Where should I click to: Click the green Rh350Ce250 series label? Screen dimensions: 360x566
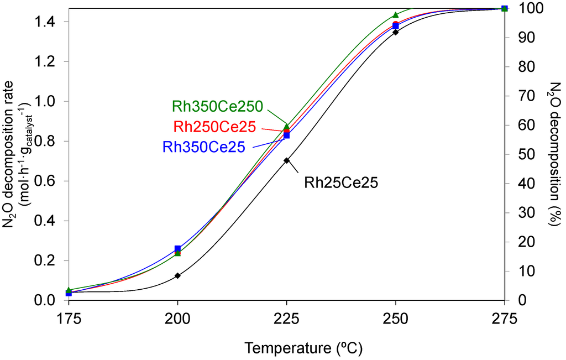217,106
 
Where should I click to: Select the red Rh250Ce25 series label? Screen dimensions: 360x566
214,127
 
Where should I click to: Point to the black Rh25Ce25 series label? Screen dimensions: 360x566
341,182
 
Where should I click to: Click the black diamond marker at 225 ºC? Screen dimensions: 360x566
286,161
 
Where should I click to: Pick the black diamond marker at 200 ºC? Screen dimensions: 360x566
177,275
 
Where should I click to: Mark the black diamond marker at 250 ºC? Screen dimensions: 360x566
395,32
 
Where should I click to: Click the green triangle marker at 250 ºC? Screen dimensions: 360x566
395,15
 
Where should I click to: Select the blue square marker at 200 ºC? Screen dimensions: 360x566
177,249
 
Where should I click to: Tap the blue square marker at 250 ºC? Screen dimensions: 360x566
395,26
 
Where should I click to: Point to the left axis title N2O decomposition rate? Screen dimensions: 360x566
14,154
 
